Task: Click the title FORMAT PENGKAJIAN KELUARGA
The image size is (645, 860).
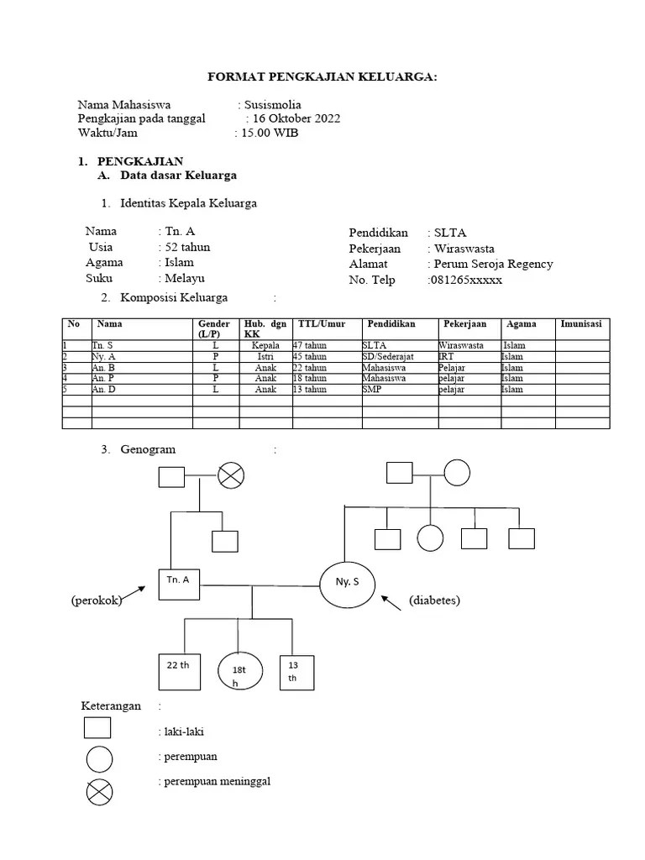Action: coord(322,78)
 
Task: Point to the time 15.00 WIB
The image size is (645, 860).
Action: coord(269,133)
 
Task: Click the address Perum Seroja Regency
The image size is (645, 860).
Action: coord(493,264)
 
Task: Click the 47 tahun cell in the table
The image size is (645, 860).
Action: coord(310,345)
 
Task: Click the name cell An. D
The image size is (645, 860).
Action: coord(104,389)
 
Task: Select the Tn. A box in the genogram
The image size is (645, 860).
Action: coord(178,585)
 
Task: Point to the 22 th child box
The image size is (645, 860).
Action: coord(178,669)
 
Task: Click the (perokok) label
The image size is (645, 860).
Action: coord(97,600)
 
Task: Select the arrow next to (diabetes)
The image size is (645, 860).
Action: coord(391,603)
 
